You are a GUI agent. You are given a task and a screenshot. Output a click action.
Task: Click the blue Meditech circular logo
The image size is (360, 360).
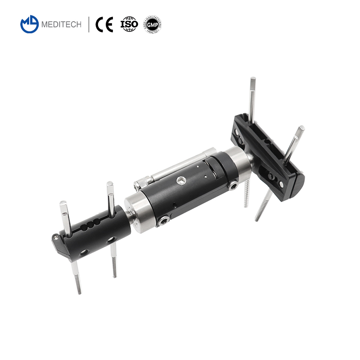point(30,24)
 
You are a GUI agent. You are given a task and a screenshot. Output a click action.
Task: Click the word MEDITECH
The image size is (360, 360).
point(61,25)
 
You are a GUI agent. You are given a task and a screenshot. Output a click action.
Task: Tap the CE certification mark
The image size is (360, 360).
point(104,24)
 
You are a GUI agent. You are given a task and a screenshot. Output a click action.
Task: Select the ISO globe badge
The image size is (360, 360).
point(129,24)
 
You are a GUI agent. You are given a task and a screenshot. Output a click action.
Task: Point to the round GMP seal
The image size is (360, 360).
point(152,24)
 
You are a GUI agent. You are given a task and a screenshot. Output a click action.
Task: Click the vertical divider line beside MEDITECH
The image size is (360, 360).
point(89,24)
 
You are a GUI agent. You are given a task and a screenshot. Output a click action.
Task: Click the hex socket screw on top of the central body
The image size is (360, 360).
point(180,181)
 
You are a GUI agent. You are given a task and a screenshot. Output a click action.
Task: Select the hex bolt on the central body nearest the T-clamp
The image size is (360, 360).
point(233,186)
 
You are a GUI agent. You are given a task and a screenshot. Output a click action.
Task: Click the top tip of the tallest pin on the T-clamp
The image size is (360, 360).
point(252,81)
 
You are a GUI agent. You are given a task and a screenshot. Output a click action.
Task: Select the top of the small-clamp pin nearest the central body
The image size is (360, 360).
point(109,184)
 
